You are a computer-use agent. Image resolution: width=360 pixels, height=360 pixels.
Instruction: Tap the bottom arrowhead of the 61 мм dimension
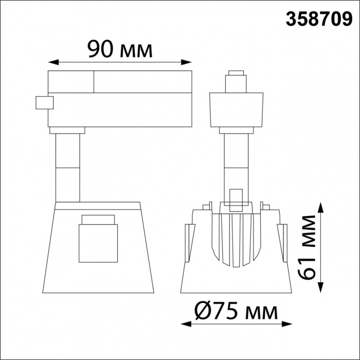click(321, 291)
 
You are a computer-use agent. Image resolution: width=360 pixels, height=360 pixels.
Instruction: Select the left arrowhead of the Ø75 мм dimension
click(183, 325)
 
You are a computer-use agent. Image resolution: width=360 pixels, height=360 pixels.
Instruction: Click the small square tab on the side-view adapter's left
click(43, 102)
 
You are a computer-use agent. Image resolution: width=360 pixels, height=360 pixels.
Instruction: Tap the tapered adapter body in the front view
click(237, 109)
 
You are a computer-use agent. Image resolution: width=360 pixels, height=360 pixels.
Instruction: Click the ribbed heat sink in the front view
click(237, 239)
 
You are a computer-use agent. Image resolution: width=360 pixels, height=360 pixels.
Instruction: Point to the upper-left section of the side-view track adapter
click(71, 81)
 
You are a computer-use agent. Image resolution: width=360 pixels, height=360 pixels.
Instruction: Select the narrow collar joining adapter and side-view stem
click(67, 130)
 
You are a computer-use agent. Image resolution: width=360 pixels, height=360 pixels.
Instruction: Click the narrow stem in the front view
click(237, 159)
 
